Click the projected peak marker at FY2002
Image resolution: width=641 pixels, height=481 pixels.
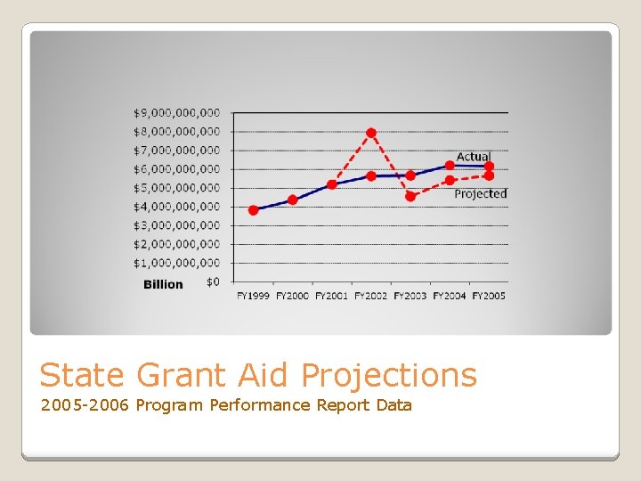[371, 133]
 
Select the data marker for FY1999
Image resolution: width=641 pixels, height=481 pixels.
[254, 210]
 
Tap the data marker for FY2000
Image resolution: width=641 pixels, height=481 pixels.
[293, 200]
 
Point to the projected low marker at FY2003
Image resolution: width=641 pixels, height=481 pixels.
[410, 197]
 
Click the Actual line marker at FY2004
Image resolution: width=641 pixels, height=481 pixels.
[450, 165]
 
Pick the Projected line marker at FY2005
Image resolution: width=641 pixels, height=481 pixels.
[489, 176]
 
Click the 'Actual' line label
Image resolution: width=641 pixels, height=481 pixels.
[473, 157]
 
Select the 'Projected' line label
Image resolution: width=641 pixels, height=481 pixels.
[480, 193]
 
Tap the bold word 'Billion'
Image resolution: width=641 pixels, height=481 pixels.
[163, 284]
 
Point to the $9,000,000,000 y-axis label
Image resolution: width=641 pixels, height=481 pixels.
[176, 112]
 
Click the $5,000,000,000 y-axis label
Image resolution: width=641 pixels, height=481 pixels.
[176, 188]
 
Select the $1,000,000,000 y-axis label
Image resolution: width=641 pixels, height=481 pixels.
[176, 263]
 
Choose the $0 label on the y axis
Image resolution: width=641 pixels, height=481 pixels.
[212, 281]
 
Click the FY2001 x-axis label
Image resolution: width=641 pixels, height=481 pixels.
[332, 296]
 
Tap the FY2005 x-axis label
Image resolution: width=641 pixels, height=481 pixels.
[489, 296]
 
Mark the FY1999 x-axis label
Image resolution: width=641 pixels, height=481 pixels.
[254, 296]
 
